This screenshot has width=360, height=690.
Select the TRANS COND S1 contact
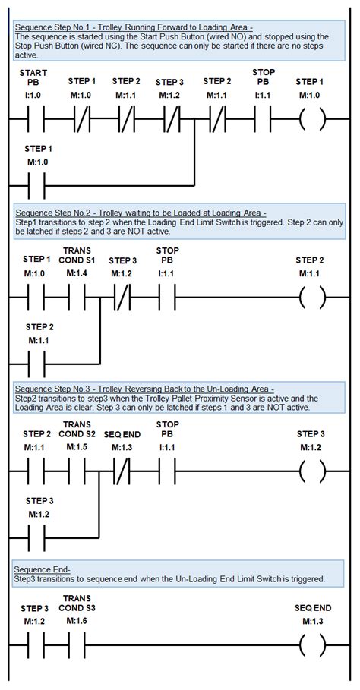[x=77, y=298]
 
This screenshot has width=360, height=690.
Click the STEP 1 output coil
[x=311, y=119]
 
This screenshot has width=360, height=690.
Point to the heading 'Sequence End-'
[x=43, y=568]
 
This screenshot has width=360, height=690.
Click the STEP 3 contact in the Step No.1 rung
[x=172, y=119]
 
